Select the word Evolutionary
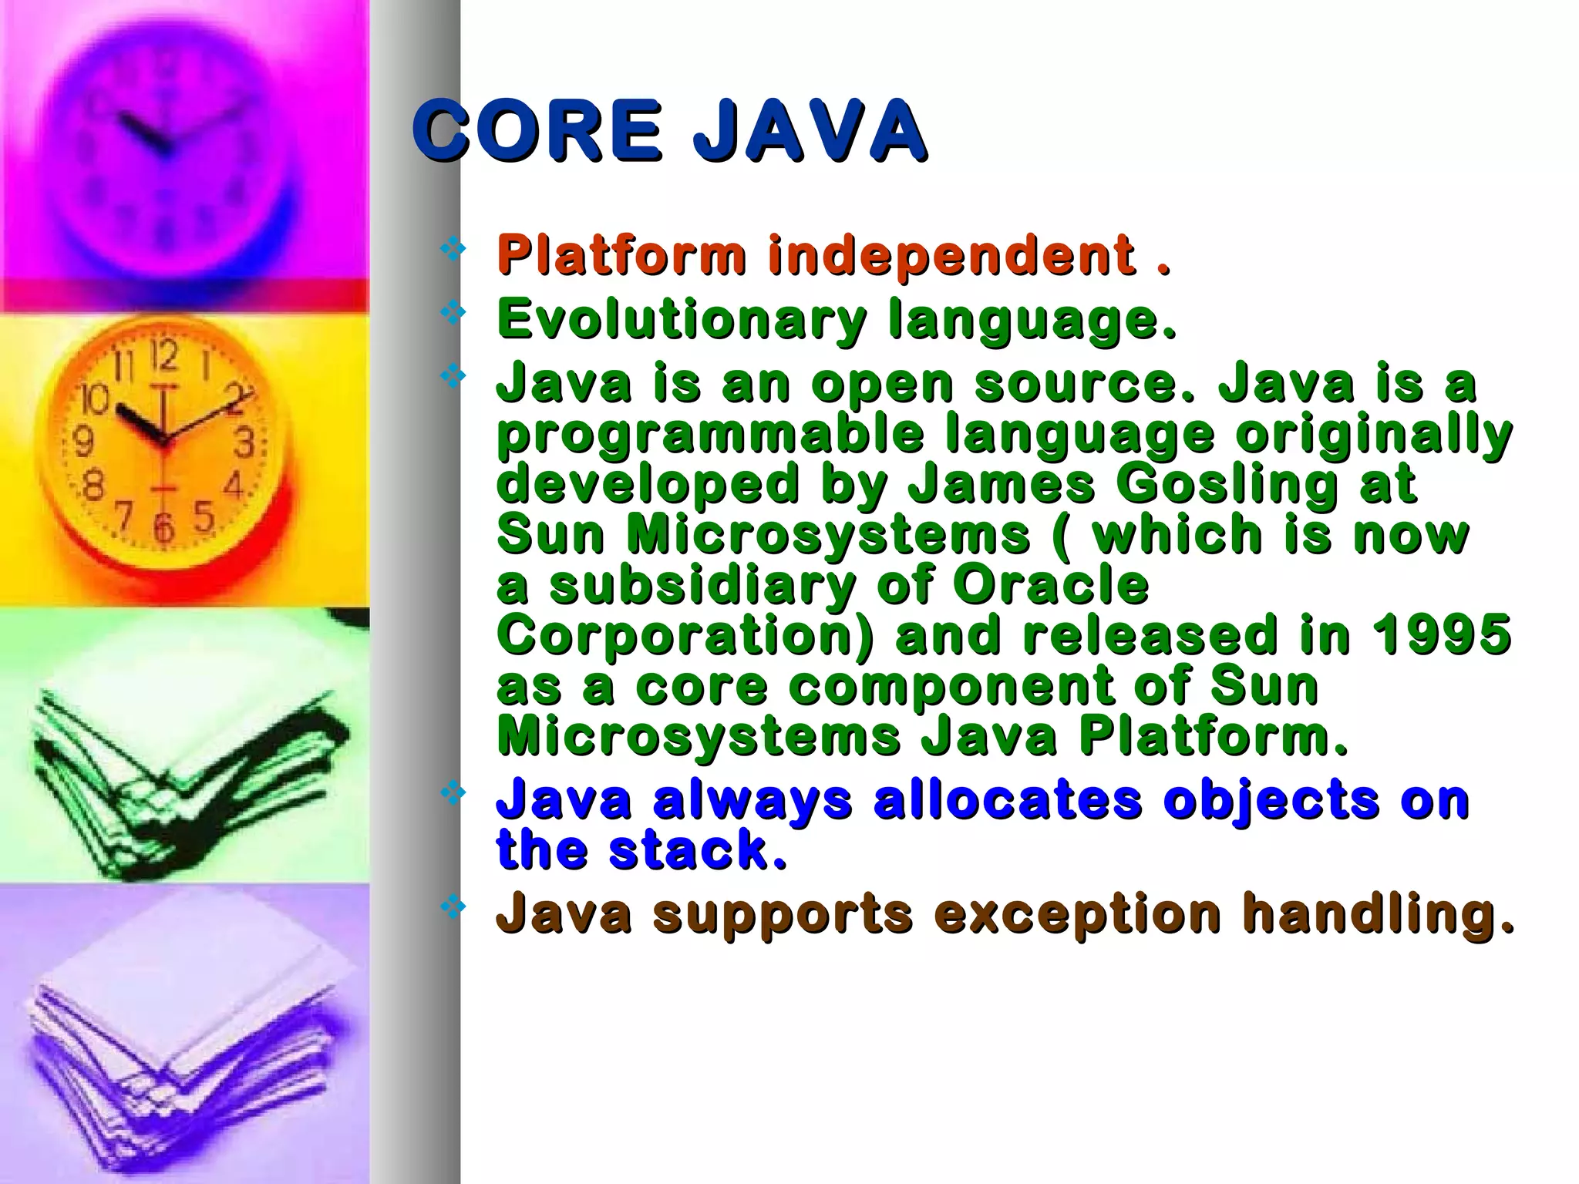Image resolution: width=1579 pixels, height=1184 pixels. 682,319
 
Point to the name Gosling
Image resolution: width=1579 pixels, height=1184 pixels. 1226,484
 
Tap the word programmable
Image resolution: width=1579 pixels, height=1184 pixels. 709,435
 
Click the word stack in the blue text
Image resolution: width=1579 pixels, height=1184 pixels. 698,849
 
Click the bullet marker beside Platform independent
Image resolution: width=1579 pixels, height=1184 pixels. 452,248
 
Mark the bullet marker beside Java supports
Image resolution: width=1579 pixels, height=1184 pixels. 452,906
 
